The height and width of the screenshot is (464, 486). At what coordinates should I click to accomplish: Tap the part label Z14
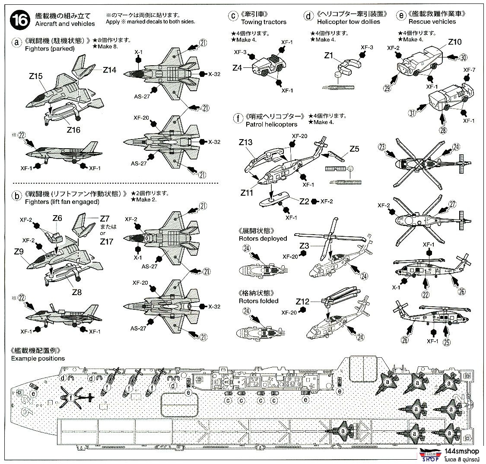109,70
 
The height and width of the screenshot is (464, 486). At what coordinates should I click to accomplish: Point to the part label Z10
455,42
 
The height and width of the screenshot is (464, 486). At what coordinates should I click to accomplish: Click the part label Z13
245,142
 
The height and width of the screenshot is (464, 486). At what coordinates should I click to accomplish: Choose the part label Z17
106,242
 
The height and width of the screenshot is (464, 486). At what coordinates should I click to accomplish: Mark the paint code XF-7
470,70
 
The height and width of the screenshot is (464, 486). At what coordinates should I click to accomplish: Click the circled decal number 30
463,57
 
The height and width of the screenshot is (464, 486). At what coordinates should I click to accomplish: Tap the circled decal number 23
381,147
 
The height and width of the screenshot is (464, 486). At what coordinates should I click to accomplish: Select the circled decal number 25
447,343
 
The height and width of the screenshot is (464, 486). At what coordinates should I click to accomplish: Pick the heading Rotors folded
258,301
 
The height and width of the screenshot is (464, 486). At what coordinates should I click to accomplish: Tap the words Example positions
38,358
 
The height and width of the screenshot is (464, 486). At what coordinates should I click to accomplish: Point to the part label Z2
304,201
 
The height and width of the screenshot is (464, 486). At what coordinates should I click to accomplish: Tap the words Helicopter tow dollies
348,22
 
